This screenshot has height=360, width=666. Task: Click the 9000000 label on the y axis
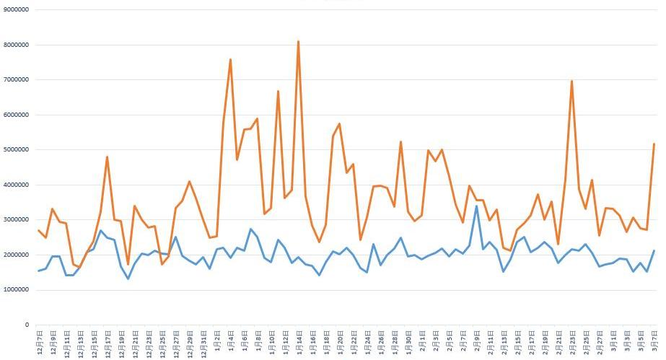(17, 9)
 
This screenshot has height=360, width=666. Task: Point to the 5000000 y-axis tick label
(17, 150)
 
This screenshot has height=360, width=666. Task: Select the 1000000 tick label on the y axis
(17, 290)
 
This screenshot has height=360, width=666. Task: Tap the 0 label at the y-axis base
(27, 325)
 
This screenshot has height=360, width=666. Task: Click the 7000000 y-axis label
(17, 79)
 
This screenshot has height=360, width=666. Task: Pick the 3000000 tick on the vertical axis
(17, 220)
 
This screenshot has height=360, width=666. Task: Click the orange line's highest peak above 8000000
(298, 41)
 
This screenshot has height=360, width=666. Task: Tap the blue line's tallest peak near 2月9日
(476, 206)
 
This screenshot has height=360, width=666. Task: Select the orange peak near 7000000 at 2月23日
(571, 81)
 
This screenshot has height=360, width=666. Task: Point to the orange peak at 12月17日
(107, 157)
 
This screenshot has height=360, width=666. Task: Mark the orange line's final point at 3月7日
(654, 144)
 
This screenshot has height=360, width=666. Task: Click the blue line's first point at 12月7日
(39, 271)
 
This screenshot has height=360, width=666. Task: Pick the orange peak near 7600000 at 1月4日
(230, 59)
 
